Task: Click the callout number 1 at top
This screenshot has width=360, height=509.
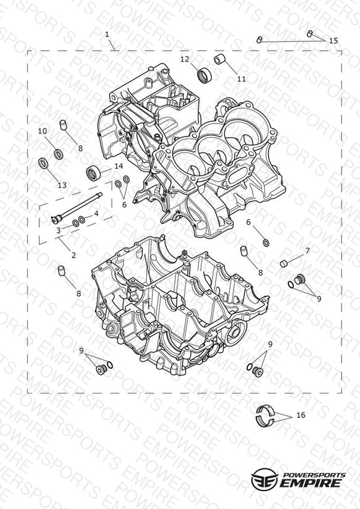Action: [x=107, y=35]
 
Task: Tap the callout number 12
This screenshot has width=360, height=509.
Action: [x=194, y=59]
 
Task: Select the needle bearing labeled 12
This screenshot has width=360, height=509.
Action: [x=204, y=75]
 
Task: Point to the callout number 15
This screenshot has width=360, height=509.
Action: [x=333, y=41]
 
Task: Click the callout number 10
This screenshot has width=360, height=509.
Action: [x=43, y=131]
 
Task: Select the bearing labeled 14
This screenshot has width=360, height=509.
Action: [x=93, y=172]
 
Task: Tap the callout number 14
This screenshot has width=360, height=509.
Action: [x=119, y=166]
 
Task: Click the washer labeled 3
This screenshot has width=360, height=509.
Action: [x=75, y=223]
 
